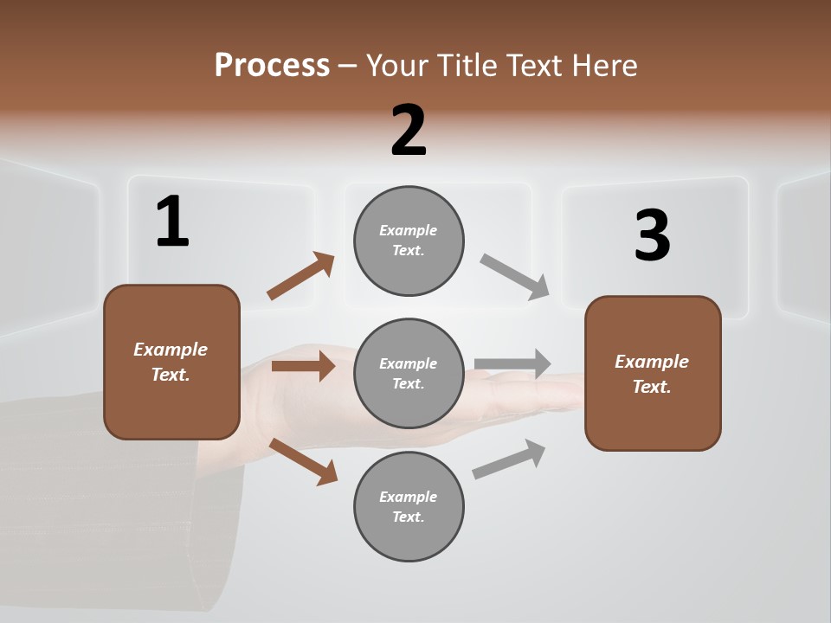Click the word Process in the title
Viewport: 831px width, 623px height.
point(272,66)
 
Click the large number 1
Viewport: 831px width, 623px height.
point(171,222)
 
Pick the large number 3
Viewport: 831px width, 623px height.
point(652,236)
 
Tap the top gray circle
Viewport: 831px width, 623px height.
point(409,241)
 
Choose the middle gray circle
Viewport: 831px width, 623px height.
point(409,373)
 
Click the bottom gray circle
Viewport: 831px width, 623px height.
point(409,506)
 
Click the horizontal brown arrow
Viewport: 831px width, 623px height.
point(303,366)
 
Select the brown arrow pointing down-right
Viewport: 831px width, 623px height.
point(303,460)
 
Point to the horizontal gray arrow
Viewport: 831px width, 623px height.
point(512,363)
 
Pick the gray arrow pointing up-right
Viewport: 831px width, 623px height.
point(509,459)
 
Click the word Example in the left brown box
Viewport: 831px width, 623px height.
point(171,350)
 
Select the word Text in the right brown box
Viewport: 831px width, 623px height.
point(651,387)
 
